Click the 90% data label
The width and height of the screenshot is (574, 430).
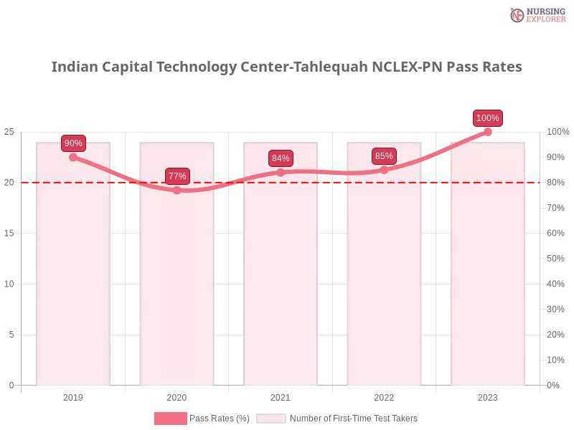[x=73, y=143]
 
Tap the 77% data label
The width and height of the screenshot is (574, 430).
[x=177, y=176]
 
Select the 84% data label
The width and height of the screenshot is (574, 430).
[x=281, y=158]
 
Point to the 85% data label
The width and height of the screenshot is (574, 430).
[x=384, y=156]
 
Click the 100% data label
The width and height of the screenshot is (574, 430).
[x=488, y=118]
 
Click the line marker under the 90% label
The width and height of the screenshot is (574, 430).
[x=73, y=157]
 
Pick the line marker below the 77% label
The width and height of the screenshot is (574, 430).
[x=177, y=190]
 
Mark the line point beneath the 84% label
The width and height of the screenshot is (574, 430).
[x=281, y=172]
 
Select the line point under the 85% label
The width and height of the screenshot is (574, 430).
[x=384, y=170]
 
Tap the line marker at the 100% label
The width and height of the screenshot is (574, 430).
[x=488, y=132]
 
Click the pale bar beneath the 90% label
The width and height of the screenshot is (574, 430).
[x=75, y=287]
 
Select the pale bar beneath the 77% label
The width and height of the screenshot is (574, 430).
[x=178, y=287]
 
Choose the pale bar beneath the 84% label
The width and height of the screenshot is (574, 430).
[x=281, y=287]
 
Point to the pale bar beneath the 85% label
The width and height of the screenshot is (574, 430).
[x=385, y=287]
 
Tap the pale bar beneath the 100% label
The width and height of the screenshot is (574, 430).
[x=488, y=287]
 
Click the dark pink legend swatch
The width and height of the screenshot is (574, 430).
[x=170, y=418]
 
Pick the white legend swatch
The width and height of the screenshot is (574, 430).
[x=271, y=418]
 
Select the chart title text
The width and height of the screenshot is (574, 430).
[x=287, y=67]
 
